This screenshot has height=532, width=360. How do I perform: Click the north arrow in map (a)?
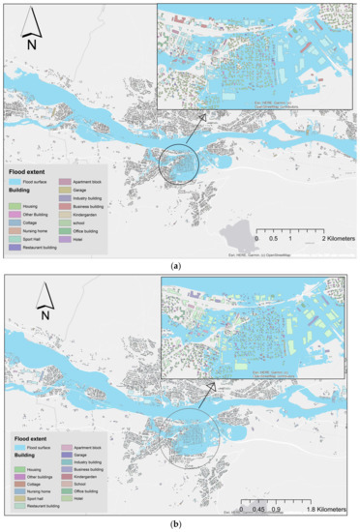pos(32,29)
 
